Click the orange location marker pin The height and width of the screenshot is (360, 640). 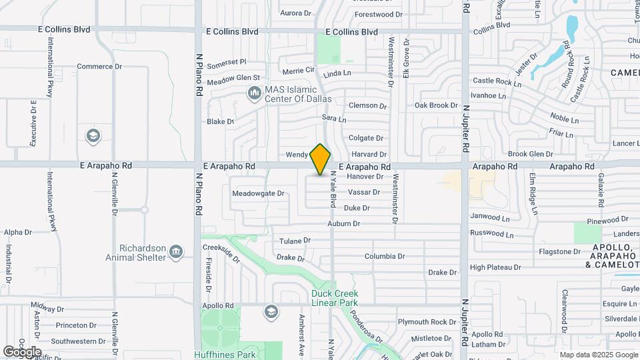321,160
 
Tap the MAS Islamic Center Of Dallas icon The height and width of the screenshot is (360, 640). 254,94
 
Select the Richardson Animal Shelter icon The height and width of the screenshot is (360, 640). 176,252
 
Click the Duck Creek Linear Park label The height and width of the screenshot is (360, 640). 335,298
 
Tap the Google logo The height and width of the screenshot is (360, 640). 22,351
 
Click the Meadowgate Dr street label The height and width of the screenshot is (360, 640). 258,194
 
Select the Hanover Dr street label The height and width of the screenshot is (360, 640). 366,177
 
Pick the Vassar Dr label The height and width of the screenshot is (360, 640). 363,192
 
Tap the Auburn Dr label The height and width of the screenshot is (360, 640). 343,224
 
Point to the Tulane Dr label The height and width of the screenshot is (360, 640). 295,240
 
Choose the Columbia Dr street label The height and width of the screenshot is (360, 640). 385,256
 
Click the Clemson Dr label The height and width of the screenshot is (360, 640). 368,105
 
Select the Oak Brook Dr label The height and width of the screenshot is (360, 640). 436,105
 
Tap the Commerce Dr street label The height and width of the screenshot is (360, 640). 99,67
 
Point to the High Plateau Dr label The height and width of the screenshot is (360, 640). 495,267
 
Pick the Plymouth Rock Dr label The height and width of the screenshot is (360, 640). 427,322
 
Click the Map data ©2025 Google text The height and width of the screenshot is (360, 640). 598,355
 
